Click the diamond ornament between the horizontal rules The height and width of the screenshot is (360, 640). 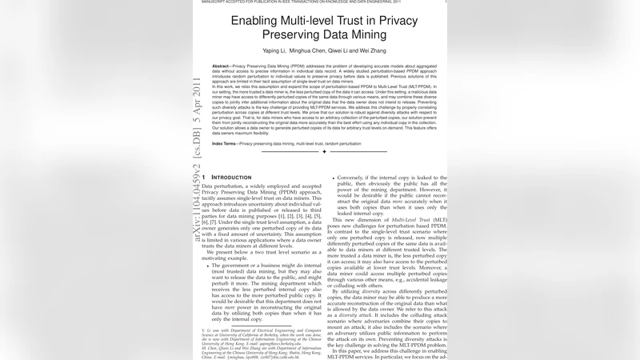click(323, 151)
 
